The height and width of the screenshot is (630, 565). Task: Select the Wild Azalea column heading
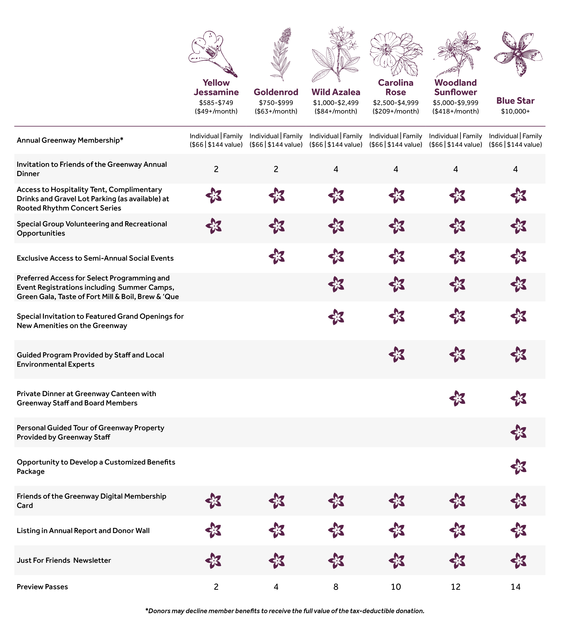336,92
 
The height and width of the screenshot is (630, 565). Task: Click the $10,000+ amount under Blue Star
515,111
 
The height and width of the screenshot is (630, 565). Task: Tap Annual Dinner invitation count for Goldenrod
276,169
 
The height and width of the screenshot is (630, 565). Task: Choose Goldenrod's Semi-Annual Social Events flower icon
277,256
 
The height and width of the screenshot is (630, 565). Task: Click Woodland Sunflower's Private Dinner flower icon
457,398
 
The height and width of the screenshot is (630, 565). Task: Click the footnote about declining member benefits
285,611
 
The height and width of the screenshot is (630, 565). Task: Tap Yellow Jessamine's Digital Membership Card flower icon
213,500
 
